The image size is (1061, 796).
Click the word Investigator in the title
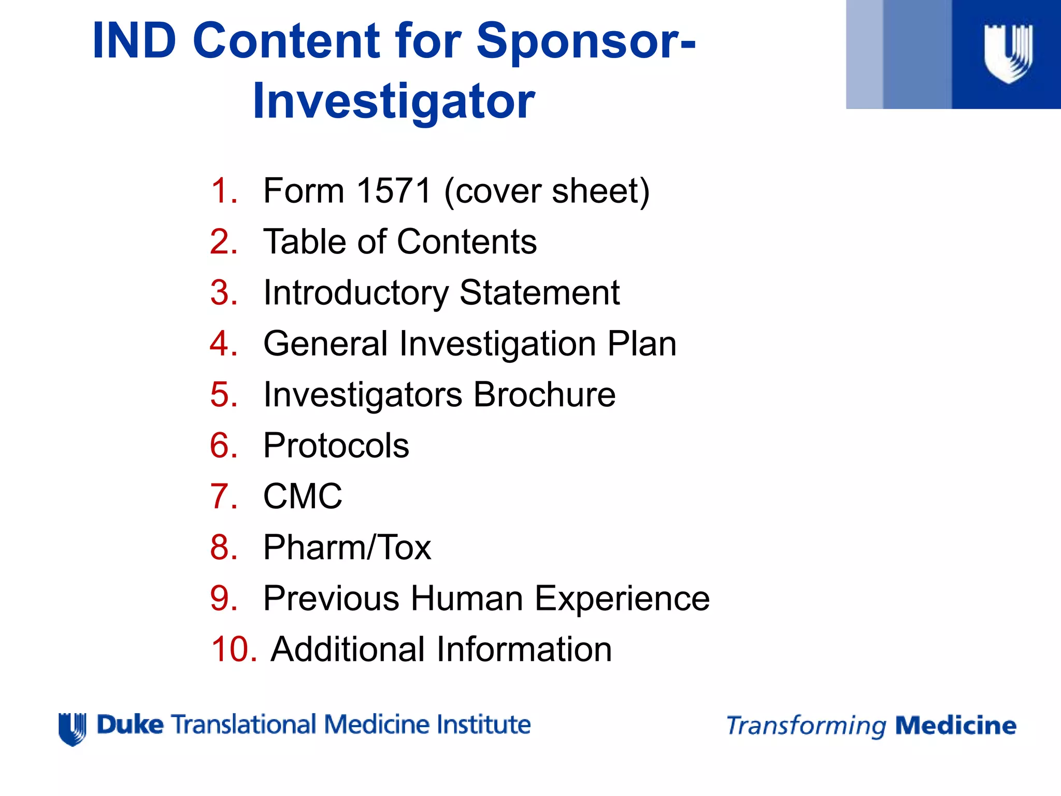(394, 102)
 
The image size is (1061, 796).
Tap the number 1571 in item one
(394, 191)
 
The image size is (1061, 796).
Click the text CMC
(303, 496)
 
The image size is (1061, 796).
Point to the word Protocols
(336, 446)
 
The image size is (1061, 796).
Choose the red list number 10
(234, 649)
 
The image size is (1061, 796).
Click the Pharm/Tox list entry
(347, 548)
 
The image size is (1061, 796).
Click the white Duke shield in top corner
(1008, 53)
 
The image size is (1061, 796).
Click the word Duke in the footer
(130, 724)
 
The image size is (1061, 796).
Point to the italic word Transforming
(806, 726)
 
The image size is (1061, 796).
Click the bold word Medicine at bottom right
(955, 726)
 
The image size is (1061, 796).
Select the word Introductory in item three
(355, 293)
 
